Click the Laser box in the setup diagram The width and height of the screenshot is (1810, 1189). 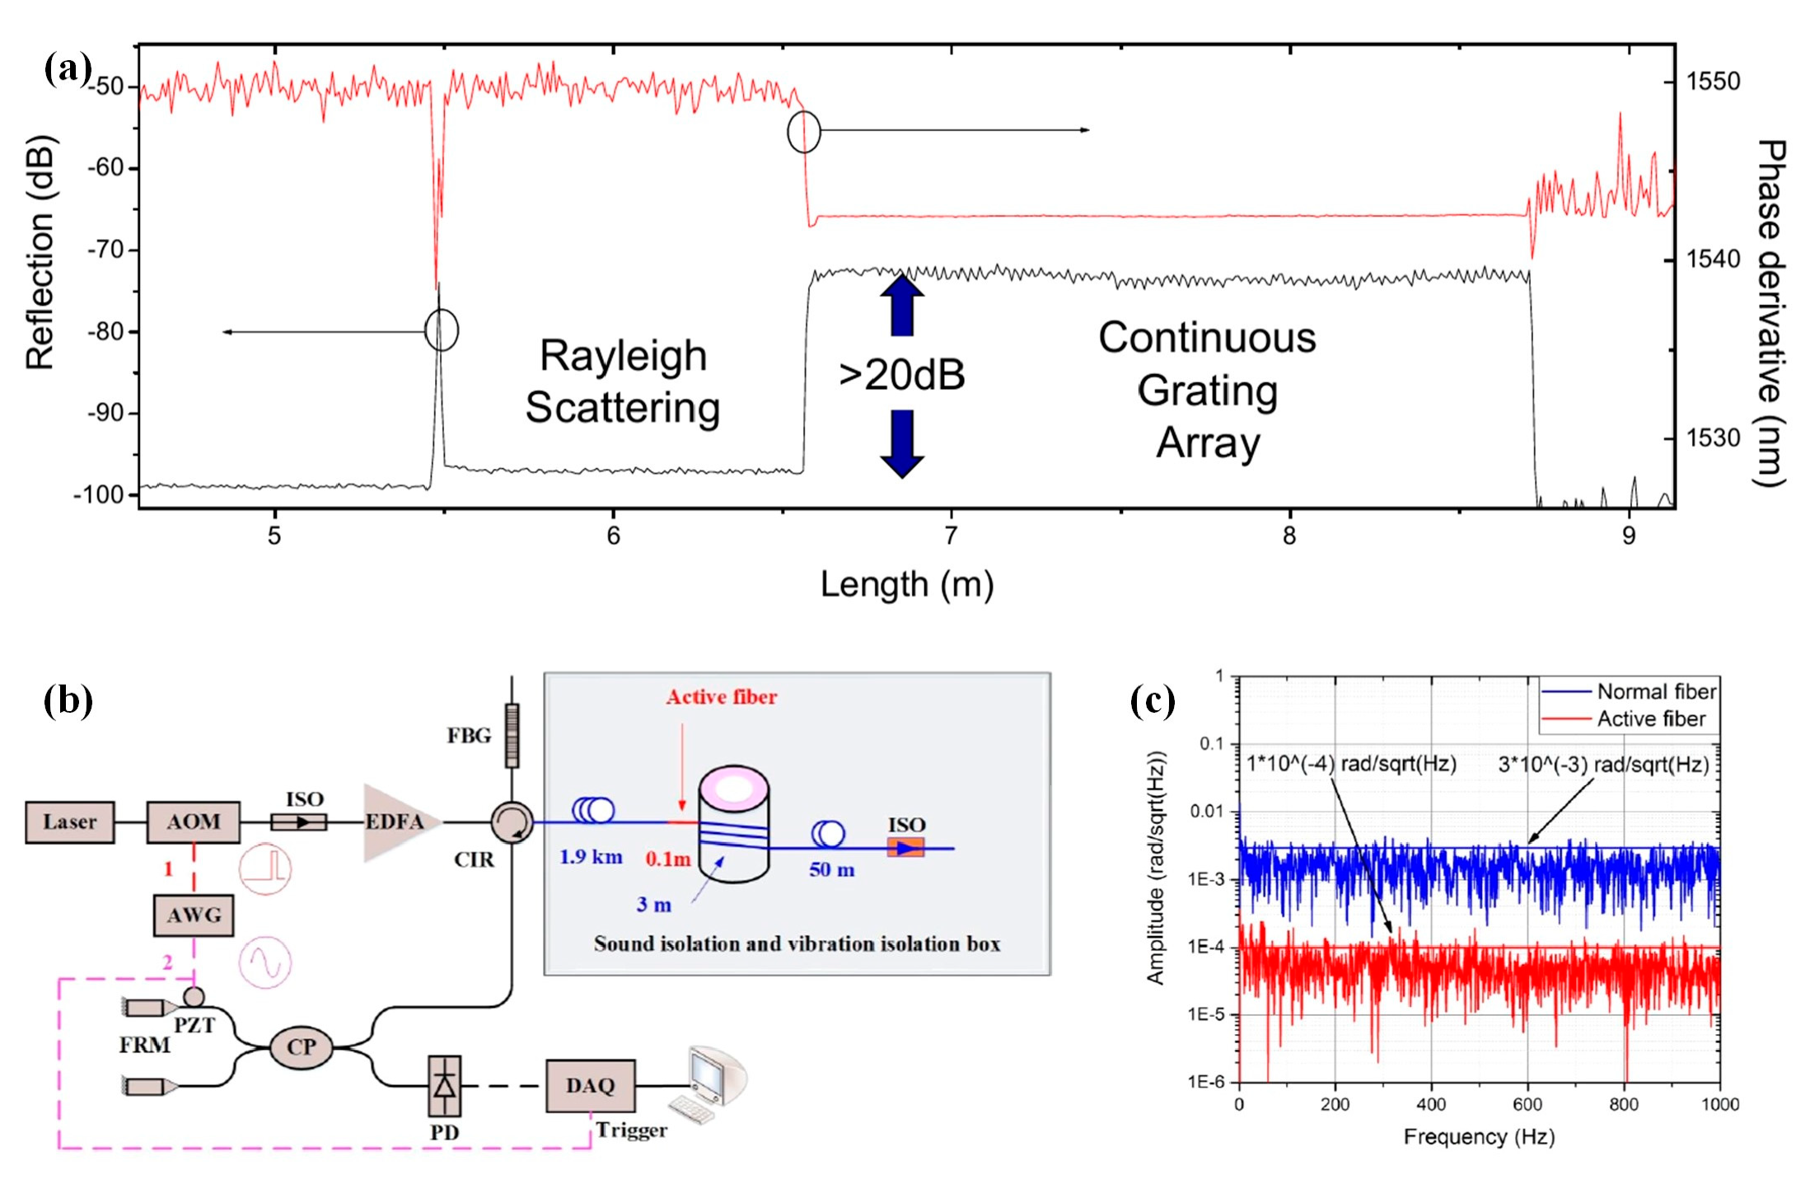[69, 822]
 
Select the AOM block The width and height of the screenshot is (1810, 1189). [194, 822]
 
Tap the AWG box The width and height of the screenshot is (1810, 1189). [194, 915]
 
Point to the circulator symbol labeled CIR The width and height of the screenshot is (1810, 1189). [512, 822]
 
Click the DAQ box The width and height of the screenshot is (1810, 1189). [590, 1086]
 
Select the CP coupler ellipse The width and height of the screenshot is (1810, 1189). [301, 1047]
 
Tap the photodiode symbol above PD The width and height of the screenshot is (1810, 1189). [444, 1086]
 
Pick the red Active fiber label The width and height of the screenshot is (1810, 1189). [722, 697]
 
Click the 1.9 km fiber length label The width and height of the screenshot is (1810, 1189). [591, 857]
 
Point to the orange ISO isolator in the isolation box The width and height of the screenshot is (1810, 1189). [905, 847]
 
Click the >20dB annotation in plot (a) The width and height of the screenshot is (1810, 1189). [901, 375]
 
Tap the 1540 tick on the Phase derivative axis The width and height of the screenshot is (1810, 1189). [1713, 260]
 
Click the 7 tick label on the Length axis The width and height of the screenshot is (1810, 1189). [951, 536]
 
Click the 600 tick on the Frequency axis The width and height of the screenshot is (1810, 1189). [1527, 1104]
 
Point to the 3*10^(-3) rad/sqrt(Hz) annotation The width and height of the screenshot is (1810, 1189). [1602, 765]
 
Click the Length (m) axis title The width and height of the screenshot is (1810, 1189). [906, 585]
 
